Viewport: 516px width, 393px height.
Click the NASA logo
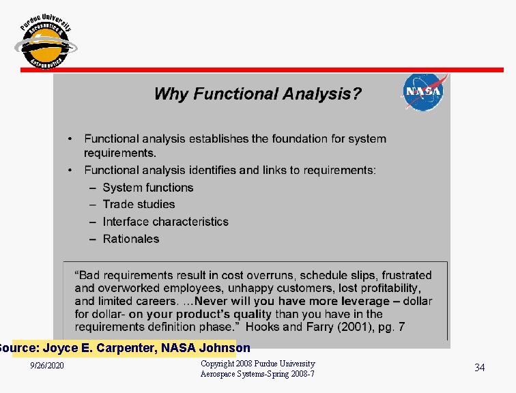[x=423, y=91]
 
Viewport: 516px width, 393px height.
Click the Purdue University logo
[x=45, y=42]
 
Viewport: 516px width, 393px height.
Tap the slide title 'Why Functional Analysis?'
[x=257, y=94]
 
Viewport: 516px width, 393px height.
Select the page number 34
[x=479, y=368]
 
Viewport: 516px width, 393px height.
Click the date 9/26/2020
[x=47, y=367]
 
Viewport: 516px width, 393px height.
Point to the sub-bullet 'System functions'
[x=148, y=188]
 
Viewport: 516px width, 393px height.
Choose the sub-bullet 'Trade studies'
[x=139, y=204]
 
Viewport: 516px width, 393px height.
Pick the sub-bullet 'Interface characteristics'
[x=165, y=222]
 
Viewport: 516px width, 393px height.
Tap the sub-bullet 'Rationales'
[x=131, y=239]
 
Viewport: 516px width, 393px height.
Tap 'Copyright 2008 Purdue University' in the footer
[x=257, y=364]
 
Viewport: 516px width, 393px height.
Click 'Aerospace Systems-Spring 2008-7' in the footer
[x=257, y=375]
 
